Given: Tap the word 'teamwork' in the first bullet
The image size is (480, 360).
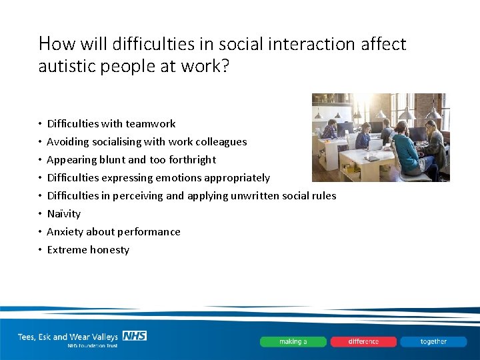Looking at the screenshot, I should [150, 123].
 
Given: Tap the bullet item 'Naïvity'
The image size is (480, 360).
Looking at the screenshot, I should [63, 213].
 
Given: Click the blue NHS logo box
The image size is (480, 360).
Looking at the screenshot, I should [135, 336].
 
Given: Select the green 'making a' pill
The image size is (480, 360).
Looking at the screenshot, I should [293, 341].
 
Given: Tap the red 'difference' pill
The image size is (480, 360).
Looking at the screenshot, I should [363, 341].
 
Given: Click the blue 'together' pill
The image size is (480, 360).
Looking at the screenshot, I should [433, 341].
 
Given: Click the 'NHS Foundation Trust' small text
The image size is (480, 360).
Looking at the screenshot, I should [92, 346].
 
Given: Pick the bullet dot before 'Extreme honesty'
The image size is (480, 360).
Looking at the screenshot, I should [40, 250].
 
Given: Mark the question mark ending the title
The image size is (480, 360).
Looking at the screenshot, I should [224, 67].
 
